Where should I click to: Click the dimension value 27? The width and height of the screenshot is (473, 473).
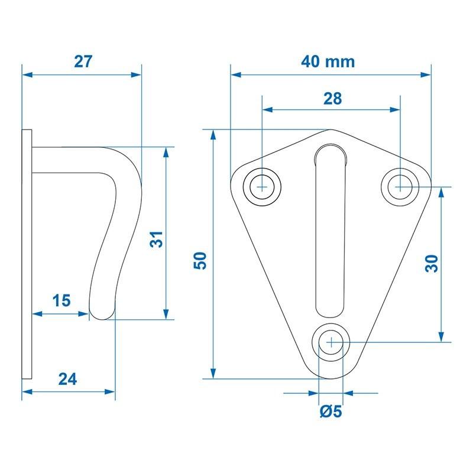click(83, 61)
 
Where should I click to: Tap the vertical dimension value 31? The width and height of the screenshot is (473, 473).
click(155, 240)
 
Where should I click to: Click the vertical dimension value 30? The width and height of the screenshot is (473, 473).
click(432, 263)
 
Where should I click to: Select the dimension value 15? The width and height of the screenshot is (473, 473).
click(61, 300)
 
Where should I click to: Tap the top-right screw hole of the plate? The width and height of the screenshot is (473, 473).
click(400, 187)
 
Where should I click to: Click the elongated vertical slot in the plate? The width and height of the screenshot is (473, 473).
click(330, 231)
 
